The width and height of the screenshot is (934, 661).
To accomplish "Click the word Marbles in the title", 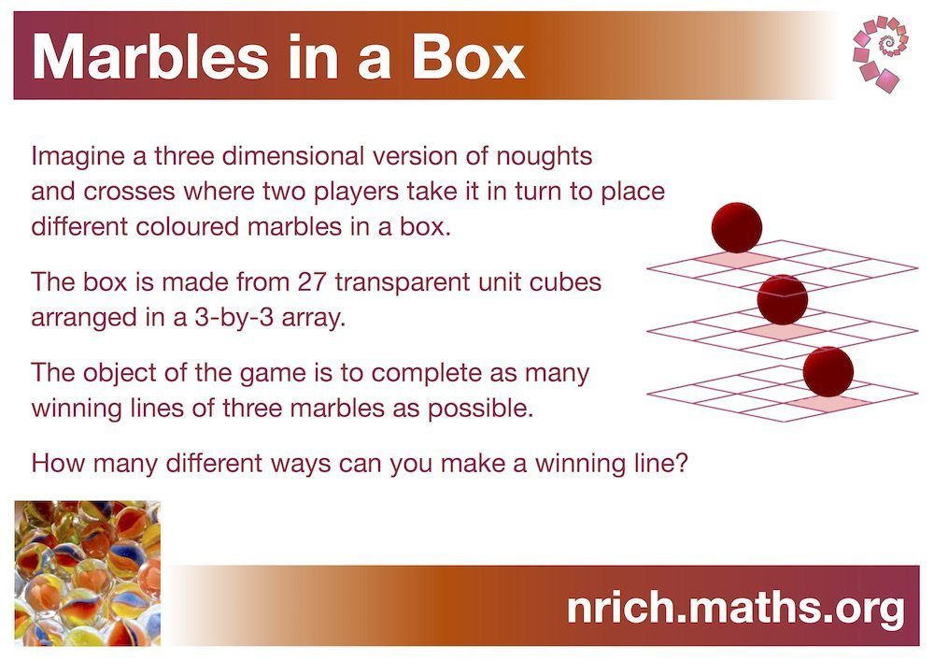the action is (150, 57).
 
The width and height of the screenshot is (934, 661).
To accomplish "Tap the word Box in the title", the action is (468, 57).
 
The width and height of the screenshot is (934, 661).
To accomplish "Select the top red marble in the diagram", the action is (737, 227).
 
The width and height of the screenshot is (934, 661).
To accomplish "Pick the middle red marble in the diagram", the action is (782, 300).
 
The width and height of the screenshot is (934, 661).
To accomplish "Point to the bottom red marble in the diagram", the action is (828, 372).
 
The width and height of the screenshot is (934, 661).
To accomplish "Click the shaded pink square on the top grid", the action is (737, 259).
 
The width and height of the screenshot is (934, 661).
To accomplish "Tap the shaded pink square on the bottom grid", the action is (828, 404).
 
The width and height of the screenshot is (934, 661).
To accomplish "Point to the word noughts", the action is (545, 157).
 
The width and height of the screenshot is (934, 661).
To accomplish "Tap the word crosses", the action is (129, 192).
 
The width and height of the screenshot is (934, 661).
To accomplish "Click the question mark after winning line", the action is (682, 463).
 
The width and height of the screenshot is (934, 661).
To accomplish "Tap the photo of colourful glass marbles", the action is (88, 573).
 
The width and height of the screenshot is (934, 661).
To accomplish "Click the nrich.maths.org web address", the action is (736, 608).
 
